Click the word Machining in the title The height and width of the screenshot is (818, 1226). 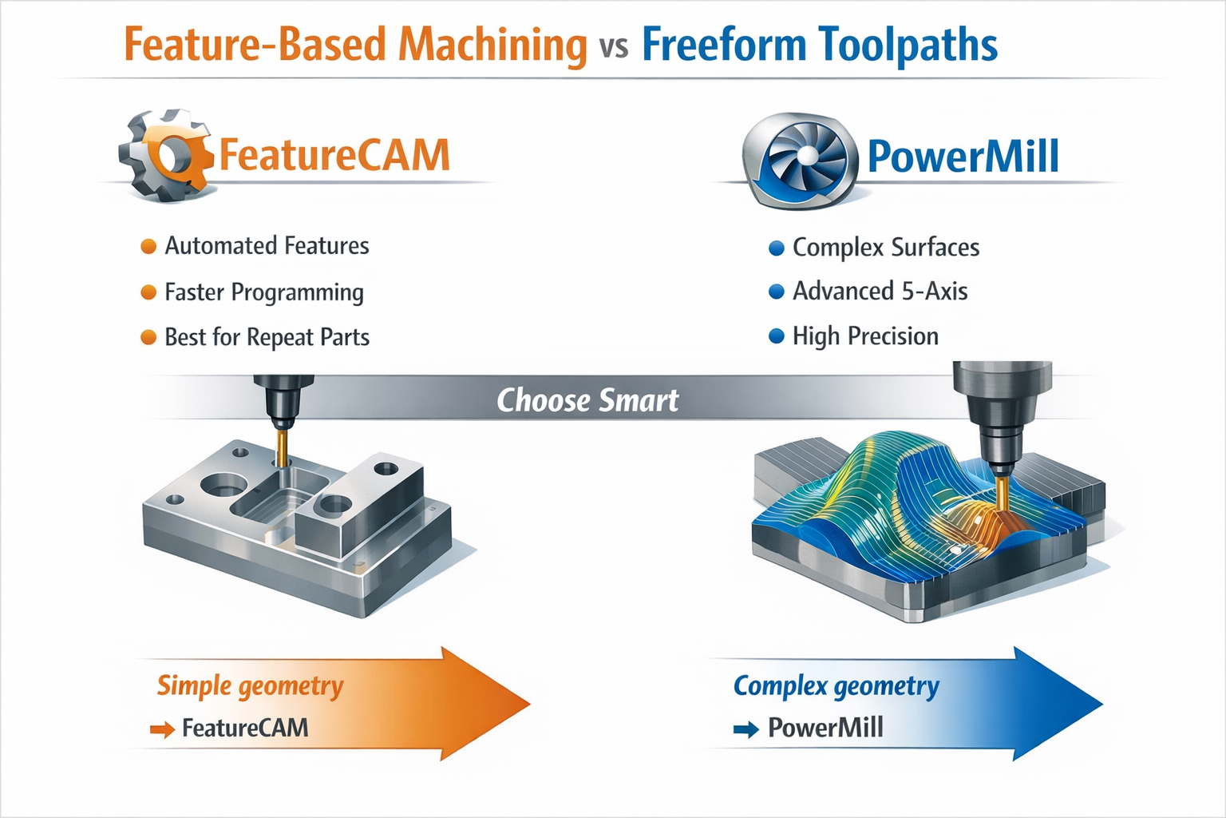(492, 45)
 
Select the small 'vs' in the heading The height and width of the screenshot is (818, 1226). (614, 47)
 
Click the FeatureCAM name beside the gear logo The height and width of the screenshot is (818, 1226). (334, 155)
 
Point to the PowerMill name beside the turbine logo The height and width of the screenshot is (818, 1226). (963, 156)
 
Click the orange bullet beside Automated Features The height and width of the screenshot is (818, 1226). (148, 247)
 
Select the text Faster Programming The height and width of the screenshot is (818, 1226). (263, 292)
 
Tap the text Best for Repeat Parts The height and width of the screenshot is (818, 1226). (267, 337)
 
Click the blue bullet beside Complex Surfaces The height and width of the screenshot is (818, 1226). (776, 248)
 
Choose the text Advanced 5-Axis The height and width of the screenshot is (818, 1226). (880, 292)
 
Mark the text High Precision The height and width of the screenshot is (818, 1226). (865, 336)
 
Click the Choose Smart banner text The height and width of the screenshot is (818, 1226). (587, 400)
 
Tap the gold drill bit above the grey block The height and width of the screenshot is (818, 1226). (281, 447)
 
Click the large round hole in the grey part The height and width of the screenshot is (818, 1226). (223, 485)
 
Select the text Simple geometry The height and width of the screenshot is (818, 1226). (250, 685)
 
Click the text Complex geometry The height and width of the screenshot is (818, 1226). (836, 685)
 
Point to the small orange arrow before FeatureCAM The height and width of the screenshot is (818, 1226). (162, 729)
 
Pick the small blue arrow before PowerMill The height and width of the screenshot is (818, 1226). (745, 729)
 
